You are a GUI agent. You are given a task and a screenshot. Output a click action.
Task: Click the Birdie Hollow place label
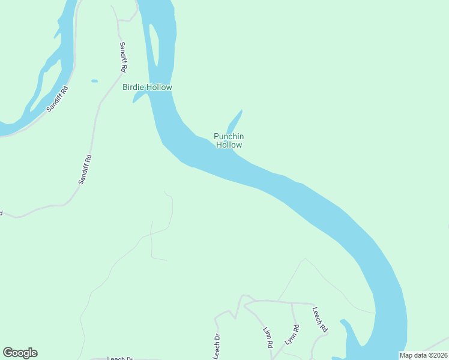tap(147, 87)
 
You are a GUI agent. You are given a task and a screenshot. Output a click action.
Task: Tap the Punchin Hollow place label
tap(229, 140)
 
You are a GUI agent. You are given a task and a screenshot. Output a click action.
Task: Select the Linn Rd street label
tap(268, 338)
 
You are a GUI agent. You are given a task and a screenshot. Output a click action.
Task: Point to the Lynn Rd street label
tap(292, 334)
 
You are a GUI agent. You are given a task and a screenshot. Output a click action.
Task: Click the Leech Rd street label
tap(319, 320)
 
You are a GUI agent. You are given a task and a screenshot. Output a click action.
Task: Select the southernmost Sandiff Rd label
tap(85, 169)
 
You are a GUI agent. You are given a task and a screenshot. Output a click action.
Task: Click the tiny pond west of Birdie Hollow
tap(94, 80)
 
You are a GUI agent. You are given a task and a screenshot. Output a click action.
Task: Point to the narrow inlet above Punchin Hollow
tap(235, 121)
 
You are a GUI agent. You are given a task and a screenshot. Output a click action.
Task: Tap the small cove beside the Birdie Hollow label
tap(139, 98)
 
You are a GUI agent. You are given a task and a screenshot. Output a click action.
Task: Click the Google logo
tap(20, 353)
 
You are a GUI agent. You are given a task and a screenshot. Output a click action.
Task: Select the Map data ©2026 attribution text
tap(423, 355)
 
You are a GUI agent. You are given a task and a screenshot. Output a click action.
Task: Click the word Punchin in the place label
tap(229, 136)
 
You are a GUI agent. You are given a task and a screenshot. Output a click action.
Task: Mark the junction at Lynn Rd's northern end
tap(292, 304)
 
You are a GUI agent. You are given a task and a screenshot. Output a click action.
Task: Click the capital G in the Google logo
tap(8, 352)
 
